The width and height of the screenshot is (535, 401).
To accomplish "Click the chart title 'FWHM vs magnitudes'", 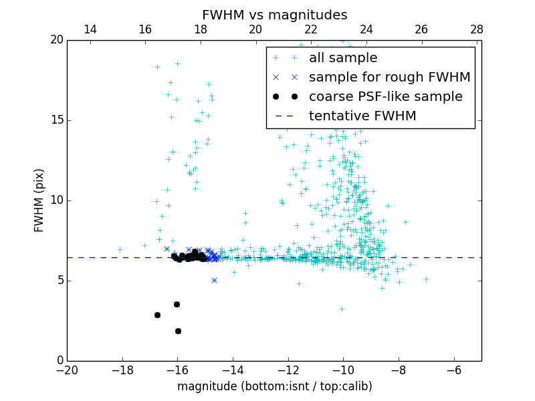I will (x=274, y=15).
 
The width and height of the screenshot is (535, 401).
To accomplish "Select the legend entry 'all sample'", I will (x=343, y=58).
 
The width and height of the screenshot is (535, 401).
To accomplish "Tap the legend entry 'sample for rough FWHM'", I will (x=389, y=78).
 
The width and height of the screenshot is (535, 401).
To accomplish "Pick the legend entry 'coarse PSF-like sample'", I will (x=385, y=97).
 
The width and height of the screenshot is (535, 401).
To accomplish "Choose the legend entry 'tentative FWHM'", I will (x=362, y=116).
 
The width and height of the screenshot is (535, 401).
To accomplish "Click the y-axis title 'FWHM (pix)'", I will (x=39, y=200).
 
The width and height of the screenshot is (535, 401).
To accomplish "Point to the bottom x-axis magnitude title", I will (x=274, y=386).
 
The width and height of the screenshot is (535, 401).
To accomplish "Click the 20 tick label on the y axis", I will (x=56, y=40).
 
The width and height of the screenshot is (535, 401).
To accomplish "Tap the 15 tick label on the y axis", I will (x=56, y=120).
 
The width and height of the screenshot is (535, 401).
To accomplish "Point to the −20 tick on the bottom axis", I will (x=67, y=370).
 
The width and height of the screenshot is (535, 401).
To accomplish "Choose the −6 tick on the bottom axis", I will (x=454, y=370).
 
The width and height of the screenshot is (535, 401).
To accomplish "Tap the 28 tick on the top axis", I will (x=476, y=29).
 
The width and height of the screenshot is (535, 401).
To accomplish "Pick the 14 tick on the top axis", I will (x=90, y=29).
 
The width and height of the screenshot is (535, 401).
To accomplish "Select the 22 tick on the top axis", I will (x=311, y=29).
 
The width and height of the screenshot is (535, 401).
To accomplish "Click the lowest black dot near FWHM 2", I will (x=178, y=331).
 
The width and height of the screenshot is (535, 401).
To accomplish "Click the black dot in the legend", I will (x=284, y=97).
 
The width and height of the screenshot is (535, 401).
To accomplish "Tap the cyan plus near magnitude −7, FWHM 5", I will (x=426, y=279).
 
